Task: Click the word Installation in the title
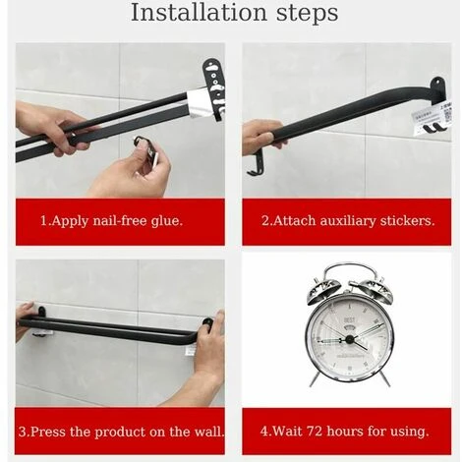point(199,13)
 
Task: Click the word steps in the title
point(308,14)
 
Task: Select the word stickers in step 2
point(407,221)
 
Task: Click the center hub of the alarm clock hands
point(350,339)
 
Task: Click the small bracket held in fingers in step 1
point(146,148)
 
